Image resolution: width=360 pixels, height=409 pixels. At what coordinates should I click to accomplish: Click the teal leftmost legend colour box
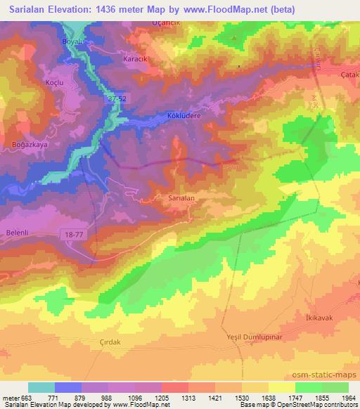(x=41, y=387)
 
